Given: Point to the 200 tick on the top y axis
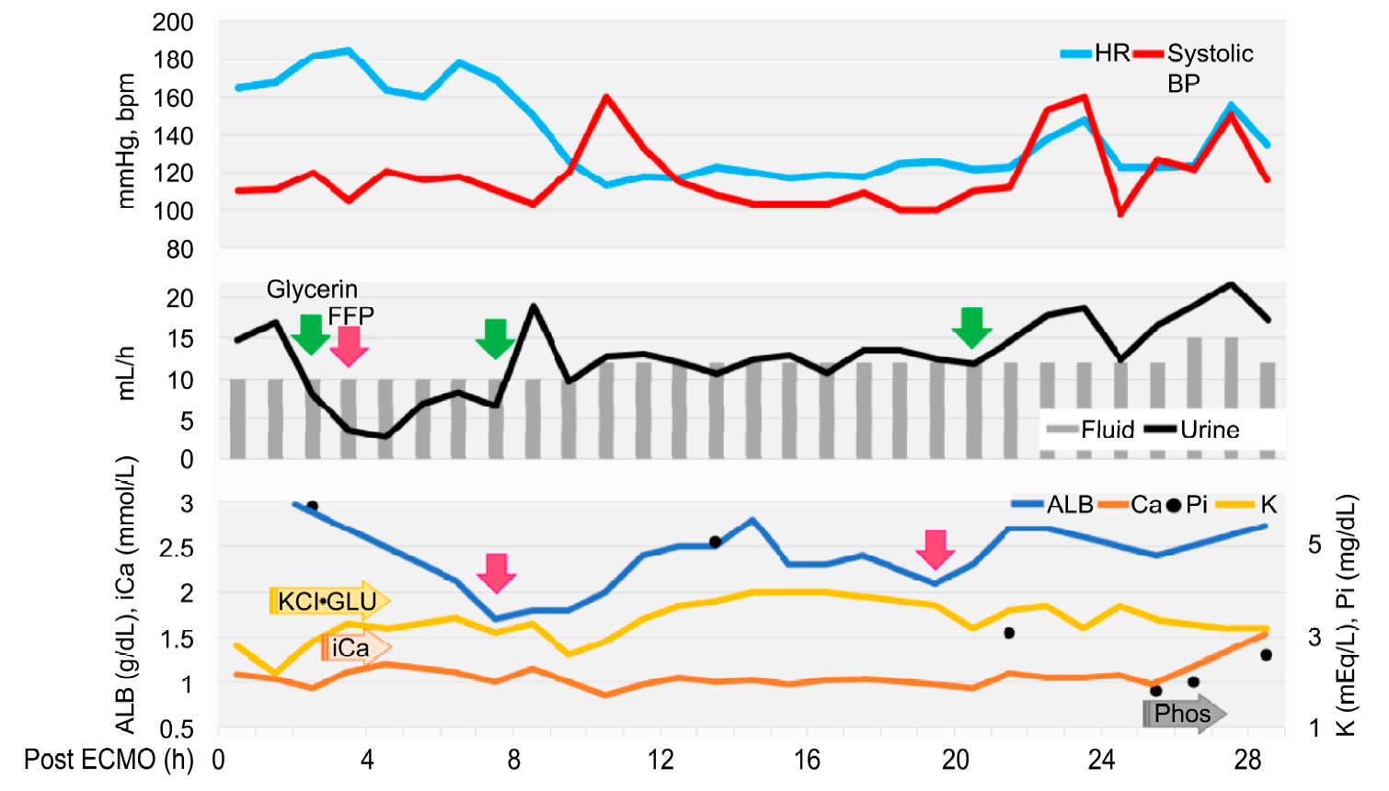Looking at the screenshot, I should pos(173,22).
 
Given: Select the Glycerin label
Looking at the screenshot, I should pos(312,290).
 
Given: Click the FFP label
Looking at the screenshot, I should pos(350,316).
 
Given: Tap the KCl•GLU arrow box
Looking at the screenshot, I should pos(328,602).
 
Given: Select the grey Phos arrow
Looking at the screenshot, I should pos(1183,714).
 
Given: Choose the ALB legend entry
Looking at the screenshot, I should pos(1053,504).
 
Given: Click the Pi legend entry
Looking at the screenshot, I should pos(1188,504).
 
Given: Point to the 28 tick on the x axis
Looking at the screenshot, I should pos(1248,760).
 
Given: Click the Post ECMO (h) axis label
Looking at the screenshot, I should pos(109,760).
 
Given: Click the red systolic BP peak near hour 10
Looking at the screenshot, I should pos(606,97).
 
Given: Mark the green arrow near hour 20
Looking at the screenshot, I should pos(971,328).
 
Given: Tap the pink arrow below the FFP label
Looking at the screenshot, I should pos(350,346).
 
